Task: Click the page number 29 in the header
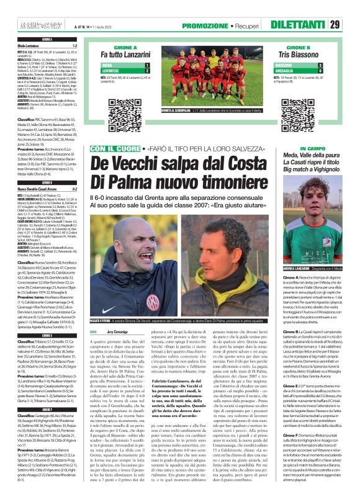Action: point(351,25)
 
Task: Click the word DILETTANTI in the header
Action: point(317,25)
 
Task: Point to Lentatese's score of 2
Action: point(146,71)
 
